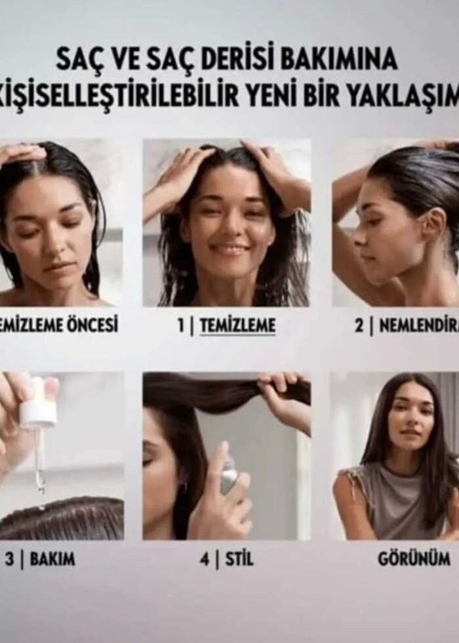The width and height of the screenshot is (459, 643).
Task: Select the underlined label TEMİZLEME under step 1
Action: click(237, 325)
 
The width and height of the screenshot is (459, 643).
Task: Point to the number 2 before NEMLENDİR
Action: click(359, 325)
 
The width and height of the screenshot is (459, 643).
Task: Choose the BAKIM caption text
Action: click(52, 560)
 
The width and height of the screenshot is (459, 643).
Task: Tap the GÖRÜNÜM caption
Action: click(414, 560)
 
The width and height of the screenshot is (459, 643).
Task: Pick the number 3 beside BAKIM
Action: click(9, 560)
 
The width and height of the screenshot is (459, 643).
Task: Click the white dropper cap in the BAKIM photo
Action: click(38, 411)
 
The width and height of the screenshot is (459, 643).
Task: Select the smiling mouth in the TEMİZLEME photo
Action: click(229, 250)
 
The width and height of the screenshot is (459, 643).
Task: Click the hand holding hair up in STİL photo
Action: click(282, 394)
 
